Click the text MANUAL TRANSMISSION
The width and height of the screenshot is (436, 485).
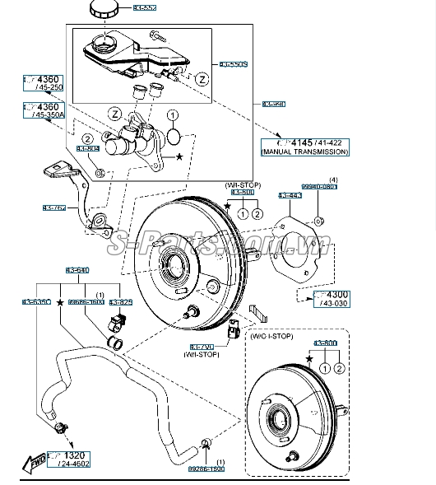305,152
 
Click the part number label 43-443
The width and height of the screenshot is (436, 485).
290,195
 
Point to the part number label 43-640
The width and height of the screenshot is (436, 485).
77,269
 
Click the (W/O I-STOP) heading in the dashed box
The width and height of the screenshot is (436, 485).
271,335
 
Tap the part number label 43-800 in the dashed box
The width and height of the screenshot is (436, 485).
325,342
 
